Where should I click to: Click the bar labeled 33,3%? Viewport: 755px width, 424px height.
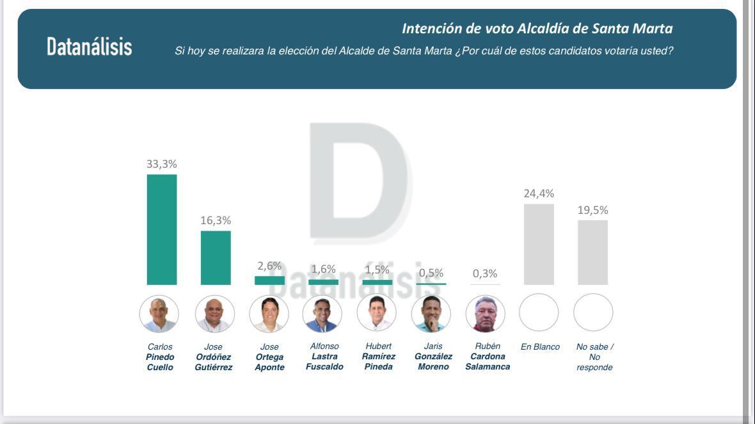[x=162, y=229]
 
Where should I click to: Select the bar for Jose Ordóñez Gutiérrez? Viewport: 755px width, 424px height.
[x=216, y=257]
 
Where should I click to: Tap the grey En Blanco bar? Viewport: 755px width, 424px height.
[x=539, y=244]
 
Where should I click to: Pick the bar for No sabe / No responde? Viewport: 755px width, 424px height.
[x=592, y=252]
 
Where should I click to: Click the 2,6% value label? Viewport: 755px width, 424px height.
[x=269, y=266]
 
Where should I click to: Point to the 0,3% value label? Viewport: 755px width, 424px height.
[x=485, y=273]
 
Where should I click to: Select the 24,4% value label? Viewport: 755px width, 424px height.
[x=539, y=193]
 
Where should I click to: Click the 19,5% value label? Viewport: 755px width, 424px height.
[x=592, y=210]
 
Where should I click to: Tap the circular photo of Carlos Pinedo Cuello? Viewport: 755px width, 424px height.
[x=159, y=314]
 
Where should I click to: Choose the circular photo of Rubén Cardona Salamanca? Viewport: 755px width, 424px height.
[x=486, y=314]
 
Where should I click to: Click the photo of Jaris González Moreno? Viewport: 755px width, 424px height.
[x=431, y=314]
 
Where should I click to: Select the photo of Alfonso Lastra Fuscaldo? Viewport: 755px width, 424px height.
[x=322, y=314]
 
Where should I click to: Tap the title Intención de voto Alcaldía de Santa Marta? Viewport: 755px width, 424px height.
[x=537, y=29]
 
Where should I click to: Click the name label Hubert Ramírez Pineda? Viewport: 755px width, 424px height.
[x=378, y=356]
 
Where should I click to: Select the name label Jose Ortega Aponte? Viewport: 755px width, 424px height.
[x=269, y=357]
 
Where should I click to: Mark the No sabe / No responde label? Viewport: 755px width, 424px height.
[x=594, y=357]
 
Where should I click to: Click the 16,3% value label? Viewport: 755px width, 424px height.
[x=216, y=220]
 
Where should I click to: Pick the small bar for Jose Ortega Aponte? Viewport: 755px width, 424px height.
[x=269, y=281]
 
